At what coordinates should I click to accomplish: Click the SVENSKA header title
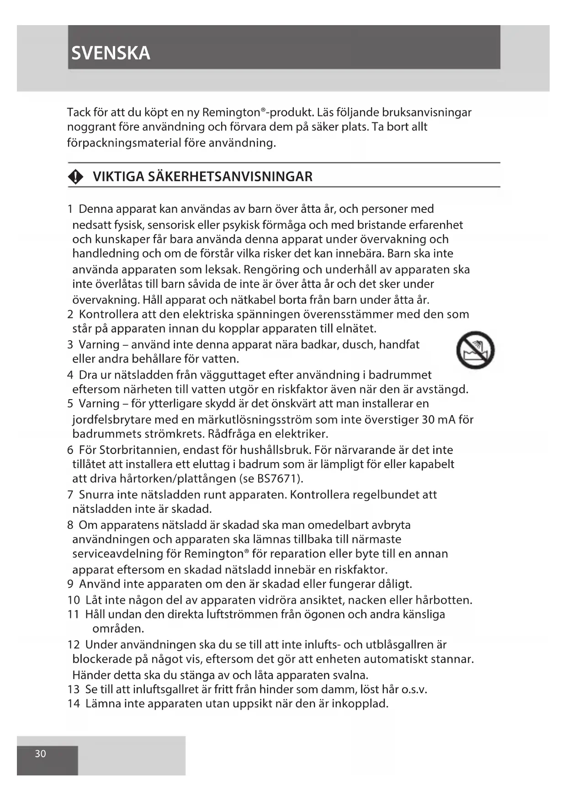pyautogui.click(x=111, y=53)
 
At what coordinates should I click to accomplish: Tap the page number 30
pyautogui.click(x=41, y=754)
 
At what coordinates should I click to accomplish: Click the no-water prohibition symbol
pyautogui.click(x=475, y=350)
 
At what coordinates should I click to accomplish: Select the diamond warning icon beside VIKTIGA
pyautogui.click(x=76, y=177)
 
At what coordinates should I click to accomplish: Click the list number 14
pyautogui.click(x=74, y=703)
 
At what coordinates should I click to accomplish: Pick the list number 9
pyautogui.click(x=70, y=584)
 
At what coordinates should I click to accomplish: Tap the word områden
pyautogui.click(x=117, y=628)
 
